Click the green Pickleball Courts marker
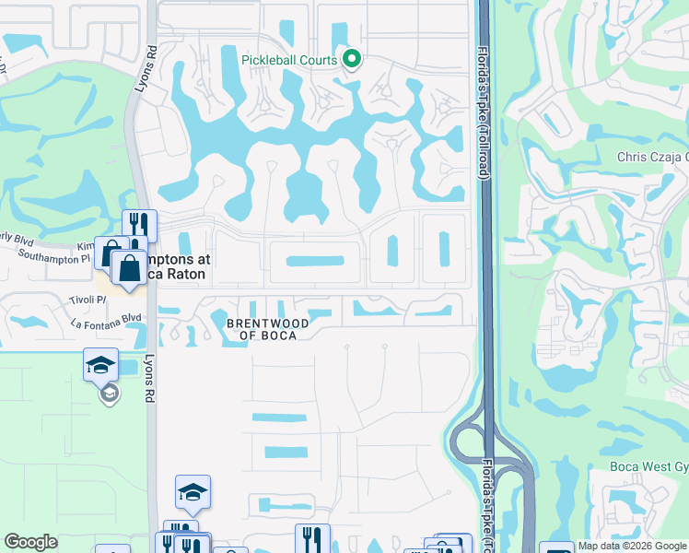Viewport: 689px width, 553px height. point(351,61)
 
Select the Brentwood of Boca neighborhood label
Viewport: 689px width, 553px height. point(268,328)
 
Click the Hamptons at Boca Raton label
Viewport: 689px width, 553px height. point(175,267)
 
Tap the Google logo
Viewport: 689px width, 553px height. point(30,542)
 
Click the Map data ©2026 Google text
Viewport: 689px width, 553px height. point(631,546)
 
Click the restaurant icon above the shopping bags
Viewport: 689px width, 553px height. point(139,224)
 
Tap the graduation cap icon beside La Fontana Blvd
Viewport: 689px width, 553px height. point(100,365)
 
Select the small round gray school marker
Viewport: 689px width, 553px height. point(109,394)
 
